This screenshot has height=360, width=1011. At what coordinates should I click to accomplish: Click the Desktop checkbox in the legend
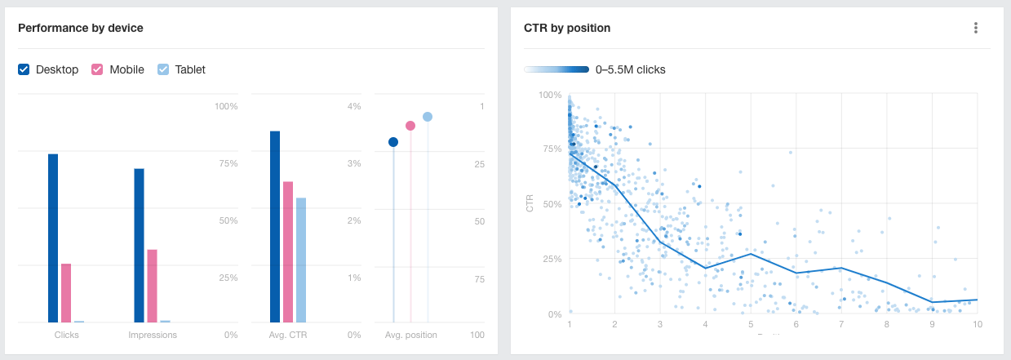[24, 70]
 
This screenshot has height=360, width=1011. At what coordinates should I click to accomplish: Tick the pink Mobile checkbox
[97, 70]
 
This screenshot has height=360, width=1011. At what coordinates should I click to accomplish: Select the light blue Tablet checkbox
[163, 70]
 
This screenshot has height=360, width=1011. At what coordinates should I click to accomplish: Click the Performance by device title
[81, 28]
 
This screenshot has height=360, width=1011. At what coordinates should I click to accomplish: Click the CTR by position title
[567, 28]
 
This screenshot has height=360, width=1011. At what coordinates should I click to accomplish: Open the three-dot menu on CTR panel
[975, 28]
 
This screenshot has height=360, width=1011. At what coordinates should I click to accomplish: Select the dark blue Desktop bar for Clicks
[53, 238]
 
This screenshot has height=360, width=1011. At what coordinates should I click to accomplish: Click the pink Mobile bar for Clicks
[66, 292]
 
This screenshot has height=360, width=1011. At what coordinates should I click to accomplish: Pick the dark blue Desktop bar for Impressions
[140, 245]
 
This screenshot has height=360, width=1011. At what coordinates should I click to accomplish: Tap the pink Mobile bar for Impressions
[152, 286]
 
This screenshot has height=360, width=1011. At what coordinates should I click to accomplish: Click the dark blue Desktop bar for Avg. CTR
[275, 226]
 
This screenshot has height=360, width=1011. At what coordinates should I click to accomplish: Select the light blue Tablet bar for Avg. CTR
[301, 260]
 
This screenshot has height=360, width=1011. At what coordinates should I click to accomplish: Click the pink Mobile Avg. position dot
[410, 126]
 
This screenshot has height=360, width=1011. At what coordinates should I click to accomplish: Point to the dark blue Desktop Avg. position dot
[393, 142]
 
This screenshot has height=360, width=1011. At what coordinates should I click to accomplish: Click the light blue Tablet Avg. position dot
[428, 117]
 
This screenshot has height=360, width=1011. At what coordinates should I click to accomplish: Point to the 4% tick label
[353, 107]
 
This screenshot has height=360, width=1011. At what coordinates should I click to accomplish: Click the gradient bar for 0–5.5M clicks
[556, 70]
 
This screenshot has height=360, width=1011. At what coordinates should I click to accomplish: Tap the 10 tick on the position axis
[976, 324]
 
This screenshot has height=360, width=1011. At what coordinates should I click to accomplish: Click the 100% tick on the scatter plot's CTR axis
[550, 96]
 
